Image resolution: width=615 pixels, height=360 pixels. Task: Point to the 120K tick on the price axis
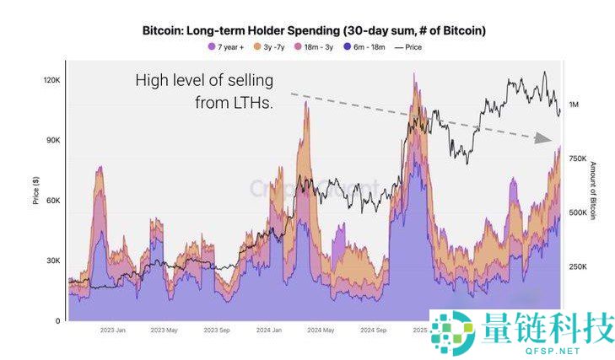[x=51, y=80]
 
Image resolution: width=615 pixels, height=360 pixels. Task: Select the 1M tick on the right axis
[x=575, y=105]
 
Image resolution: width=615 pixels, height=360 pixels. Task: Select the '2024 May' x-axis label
[x=321, y=330]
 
